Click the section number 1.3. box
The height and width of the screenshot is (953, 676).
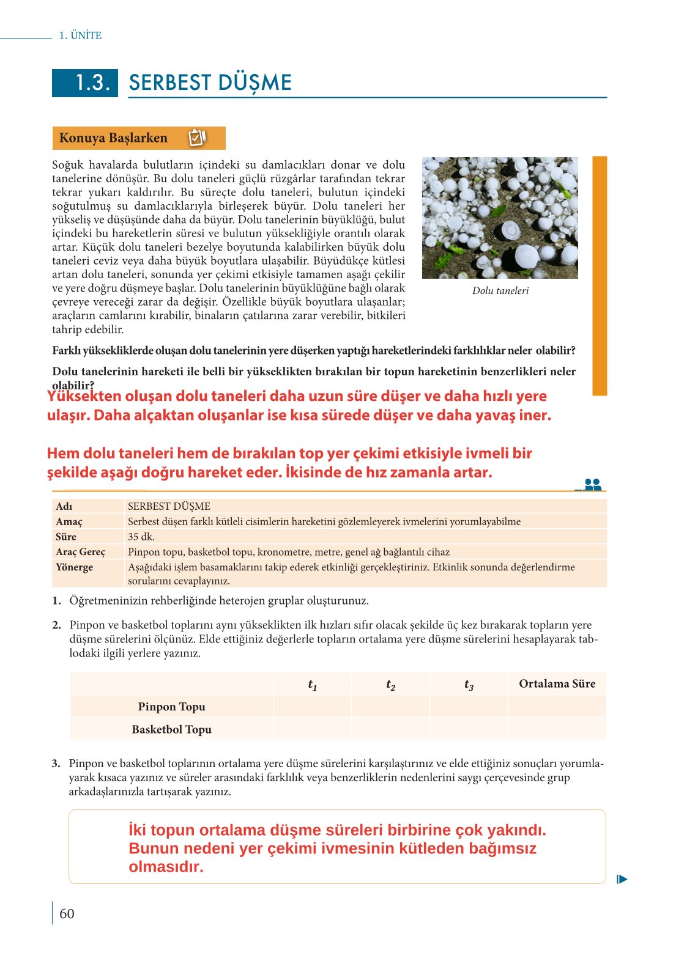point(85,83)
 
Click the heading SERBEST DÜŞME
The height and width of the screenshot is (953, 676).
point(210,83)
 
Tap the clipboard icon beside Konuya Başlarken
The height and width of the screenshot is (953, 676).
point(196,138)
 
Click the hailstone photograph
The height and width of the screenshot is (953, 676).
point(500,218)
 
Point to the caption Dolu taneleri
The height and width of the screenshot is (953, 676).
point(500,291)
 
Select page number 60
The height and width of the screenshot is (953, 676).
point(67,913)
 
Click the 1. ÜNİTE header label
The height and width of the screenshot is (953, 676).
point(80,35)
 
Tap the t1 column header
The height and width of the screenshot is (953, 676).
point(313,685)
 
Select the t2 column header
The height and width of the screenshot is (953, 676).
point(390,685)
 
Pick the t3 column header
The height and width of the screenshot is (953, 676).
point(469,685)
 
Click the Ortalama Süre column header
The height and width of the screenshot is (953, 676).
point(557,684)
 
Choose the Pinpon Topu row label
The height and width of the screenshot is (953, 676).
point(171,707)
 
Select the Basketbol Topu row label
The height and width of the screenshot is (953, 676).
point(171,729)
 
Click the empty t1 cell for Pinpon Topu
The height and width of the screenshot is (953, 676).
point(313,707)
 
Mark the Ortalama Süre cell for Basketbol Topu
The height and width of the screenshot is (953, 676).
point(557,729)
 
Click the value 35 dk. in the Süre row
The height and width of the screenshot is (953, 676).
point(141,537)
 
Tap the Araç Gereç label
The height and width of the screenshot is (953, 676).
point(80,552)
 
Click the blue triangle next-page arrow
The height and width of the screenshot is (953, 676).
point(622,879)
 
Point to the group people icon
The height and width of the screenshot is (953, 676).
point(592,484)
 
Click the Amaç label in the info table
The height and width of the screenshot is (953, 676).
point(69,521)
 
